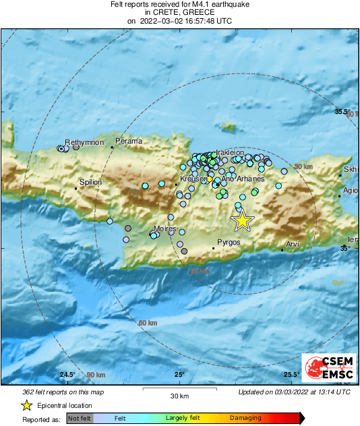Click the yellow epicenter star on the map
(x=241, y=220)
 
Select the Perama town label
(x=129, y=141)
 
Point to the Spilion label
(x=90, y=182)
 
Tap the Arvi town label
(x=293, y=244)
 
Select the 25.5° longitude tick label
(x=291, y=375)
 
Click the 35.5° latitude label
(x=344, y=111)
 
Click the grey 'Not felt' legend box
(x=80, y=419)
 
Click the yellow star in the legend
(x=26, y=405)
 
